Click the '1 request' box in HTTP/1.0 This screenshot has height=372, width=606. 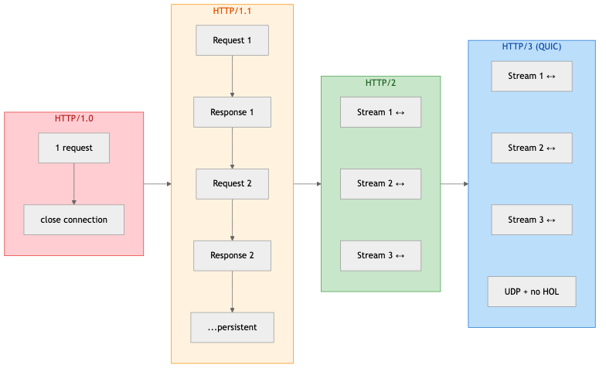click(74, 148)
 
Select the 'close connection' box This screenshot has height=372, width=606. click(74, 220)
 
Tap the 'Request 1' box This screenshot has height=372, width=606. click(232, 40)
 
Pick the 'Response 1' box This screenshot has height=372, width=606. click(232, 112)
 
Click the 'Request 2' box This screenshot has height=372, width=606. click(232, 184)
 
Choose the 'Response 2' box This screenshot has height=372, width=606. click(232, 255)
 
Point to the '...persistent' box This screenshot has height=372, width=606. click(232, 327)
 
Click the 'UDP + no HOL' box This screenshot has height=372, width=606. click(532, 291)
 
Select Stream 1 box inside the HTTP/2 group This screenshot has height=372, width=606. click(380, 112)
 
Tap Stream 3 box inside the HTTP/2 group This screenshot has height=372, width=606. click(380, 255)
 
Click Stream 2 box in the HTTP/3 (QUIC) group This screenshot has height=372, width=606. click(532, 148)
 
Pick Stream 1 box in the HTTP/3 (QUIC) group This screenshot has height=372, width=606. click(532, 76)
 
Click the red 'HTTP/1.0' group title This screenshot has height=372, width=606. click(74, 118)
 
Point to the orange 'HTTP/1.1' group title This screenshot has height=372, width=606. click(232, 11)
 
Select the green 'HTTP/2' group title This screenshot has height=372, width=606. click(381, 83)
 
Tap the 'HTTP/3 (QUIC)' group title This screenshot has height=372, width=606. click(532, 46)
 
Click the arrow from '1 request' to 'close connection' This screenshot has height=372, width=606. click(74, 184)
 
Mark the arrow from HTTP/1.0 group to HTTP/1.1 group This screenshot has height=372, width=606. click(158, 184)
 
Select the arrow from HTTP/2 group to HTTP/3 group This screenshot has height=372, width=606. click(454, 184)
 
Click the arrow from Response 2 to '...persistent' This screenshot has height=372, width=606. click(232, 292)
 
